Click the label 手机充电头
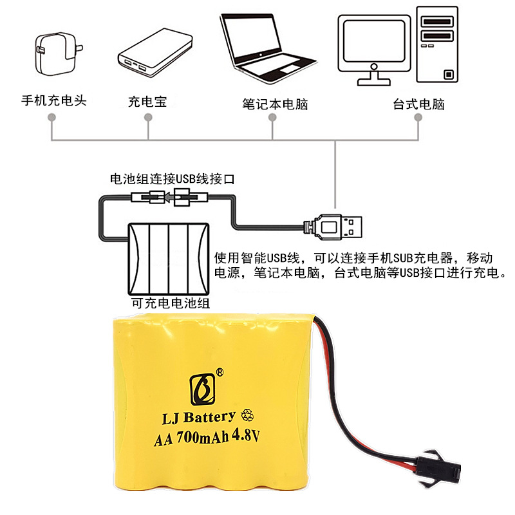coord(53,101)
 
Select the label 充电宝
coord(147,102)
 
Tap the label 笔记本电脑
coord(275,103)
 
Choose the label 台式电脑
coord(418,103)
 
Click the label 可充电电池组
coord(170,303)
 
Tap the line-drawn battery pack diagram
coord(169,257)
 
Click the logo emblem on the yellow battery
coord(201,386)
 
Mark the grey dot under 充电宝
coord(148,118)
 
